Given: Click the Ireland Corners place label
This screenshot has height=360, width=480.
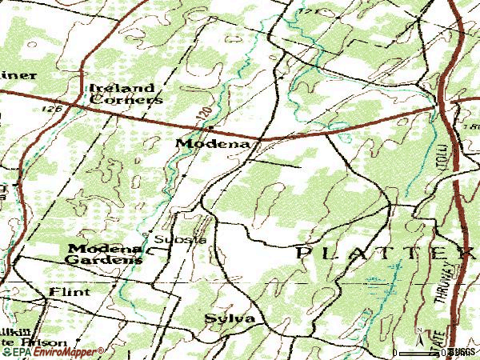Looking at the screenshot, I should pyautogui.click(x=126, y=94).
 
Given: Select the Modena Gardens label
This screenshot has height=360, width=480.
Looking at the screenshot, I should pyautogui.click(x=105, y=254).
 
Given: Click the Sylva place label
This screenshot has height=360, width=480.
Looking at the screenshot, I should pyautogui.click(x=229, y=318).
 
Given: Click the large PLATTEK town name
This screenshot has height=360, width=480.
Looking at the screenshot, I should pyautogui.click(x=385, y=253).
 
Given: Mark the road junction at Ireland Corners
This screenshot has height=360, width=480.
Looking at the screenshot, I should pyautogui.click(x=76, y=102).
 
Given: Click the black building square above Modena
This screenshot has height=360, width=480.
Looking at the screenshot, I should pyautogui.click(x=210, y=127).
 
